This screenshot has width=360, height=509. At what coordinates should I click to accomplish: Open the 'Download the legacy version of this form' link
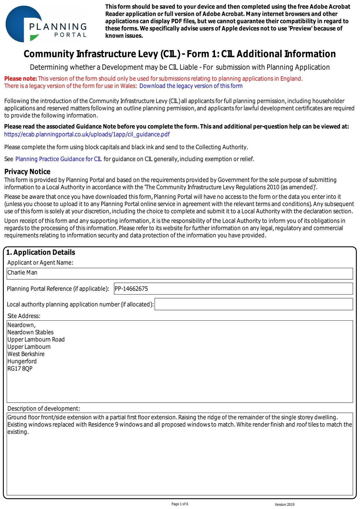click(x=191, y=86)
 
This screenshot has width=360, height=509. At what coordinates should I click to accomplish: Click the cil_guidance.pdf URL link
click(x=87, y=134)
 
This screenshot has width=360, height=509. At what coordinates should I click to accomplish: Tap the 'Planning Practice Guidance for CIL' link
click(x=59, y=159)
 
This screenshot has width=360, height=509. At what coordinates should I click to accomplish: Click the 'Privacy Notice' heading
click(x=27, y=172)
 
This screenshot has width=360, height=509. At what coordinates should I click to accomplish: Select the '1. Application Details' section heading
click(x=41, y=252)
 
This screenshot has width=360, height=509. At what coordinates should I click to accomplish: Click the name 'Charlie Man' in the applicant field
click(x=22, y=273)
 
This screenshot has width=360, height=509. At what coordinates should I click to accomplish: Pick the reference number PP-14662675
click(x=131, y=289)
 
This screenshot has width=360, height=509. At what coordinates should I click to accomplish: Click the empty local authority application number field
click(x=253, y=304)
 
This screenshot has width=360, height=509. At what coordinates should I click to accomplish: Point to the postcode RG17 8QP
click(x=20, y=369)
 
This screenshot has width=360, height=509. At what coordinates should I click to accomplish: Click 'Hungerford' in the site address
click(x=22, y=361)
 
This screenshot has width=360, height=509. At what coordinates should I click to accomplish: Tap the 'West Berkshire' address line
click(x=26, y=354)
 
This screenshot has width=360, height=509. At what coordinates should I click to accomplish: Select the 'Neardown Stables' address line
click(x=30, y=332)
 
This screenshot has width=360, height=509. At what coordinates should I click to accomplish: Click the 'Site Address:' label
click(x=24, y=316)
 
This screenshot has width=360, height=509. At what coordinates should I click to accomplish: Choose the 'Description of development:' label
click(x=44, y=408)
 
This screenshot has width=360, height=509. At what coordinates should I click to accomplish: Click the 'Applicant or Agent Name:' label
click(x=40, y=262)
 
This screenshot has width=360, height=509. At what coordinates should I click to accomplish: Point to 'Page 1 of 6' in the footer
click(x=180, y=504)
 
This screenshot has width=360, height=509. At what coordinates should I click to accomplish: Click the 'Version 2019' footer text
click(x=285, y=505)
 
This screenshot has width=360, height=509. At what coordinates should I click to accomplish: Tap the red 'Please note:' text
click(x=21, y=79)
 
